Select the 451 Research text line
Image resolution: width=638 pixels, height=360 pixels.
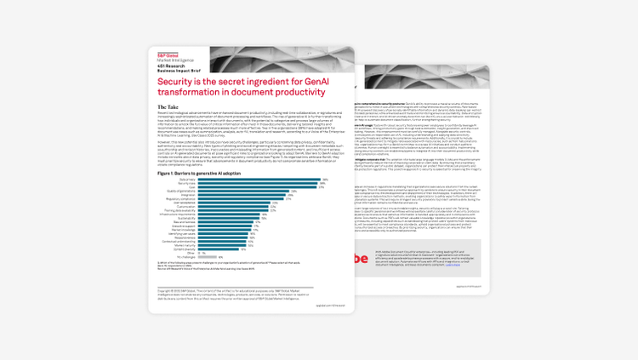pos(168,65)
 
